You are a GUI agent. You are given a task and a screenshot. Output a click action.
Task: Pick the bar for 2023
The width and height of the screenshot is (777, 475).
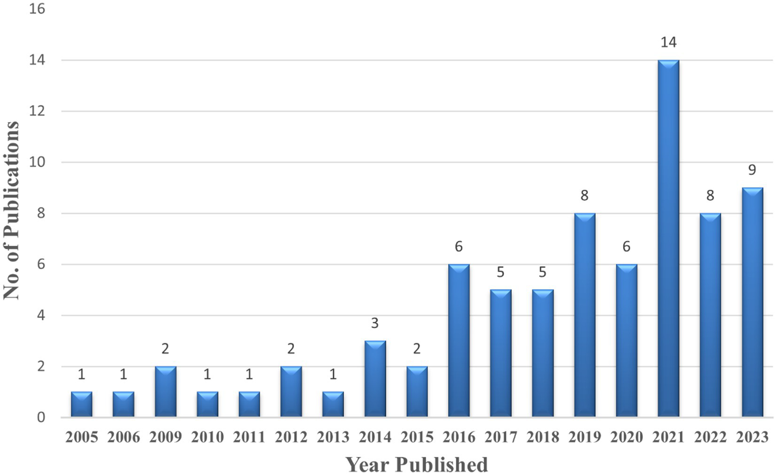tap(752, 302)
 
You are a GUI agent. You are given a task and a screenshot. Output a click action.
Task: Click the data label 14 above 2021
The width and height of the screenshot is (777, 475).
tap(668, 42)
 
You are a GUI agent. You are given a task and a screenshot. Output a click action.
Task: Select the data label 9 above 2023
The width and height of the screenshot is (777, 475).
tap(752, 170)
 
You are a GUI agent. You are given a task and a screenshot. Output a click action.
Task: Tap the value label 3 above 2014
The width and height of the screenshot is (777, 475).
tap(375, 323)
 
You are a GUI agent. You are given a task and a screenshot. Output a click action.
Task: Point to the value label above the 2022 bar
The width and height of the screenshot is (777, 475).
tap(710, 196)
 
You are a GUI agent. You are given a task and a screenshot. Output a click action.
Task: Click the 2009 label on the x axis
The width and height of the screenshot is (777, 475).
tap(165, 437)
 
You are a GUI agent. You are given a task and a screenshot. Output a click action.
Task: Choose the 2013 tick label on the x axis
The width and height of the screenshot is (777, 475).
tap(333, 437)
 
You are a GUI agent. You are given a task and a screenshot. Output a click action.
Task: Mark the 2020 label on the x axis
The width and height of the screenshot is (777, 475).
tap(626, 437)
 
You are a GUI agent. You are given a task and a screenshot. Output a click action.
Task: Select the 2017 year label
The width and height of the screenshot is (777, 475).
tap(501, 437)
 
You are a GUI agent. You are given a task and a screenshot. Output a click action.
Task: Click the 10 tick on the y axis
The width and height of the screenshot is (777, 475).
tap(37, 162)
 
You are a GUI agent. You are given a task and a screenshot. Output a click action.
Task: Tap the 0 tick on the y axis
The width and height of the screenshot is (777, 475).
tap(40, 418)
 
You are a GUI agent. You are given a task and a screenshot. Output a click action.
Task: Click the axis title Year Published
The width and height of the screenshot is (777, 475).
tap(417, 464)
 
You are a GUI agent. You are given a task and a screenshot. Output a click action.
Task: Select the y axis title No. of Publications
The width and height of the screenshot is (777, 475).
tap(11, 210)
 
